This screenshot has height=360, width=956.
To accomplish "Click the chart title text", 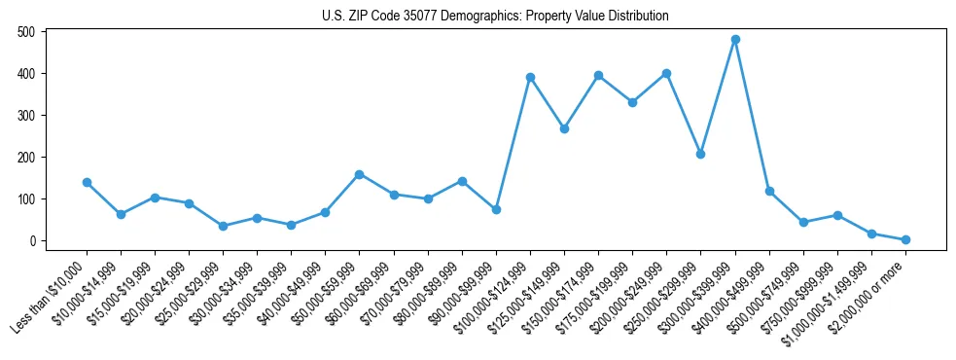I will [x=495, y=16].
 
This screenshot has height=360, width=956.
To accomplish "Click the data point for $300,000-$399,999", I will [x=735, y=40].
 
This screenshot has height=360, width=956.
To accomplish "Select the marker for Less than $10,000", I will [x=87, y=182].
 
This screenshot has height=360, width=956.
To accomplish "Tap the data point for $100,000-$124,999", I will [x=530, y=77].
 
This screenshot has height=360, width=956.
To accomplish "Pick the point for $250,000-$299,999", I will [x=701, y=154].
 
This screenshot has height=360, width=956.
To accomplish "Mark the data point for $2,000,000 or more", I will [x=905, y=239].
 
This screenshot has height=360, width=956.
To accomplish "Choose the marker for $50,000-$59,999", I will [x=360, y=174].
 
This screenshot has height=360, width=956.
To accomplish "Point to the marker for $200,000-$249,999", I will [x=667, y=73].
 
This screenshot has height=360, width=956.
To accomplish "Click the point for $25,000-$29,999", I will [x=223, y=226].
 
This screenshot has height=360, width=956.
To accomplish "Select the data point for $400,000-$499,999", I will [x=769, y=191].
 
